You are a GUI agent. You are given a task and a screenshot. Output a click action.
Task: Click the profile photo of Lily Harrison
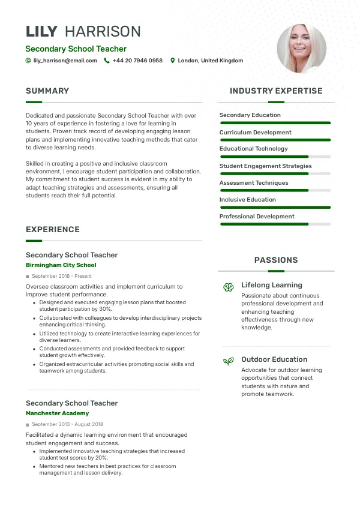point(301,49)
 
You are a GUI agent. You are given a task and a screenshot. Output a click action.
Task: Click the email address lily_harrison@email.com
point(65,61)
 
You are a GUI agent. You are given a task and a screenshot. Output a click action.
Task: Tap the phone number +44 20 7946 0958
point(137,61)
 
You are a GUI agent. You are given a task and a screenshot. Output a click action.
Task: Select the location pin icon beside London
point(173,61)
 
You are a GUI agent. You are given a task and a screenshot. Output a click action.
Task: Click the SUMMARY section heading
point(47,91)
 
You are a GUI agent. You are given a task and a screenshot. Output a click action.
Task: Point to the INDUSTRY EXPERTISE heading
point(276,91)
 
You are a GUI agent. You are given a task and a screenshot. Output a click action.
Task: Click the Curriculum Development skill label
point(255,133)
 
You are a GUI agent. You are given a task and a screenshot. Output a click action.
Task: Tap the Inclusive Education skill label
point(247,200)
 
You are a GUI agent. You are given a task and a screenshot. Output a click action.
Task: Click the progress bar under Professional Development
point(275,224)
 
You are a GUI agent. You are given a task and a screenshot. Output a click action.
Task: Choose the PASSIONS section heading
point(276,260)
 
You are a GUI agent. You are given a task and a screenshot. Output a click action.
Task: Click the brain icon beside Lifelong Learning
point(228,287)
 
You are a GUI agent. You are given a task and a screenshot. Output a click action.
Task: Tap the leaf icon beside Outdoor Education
point(228,361)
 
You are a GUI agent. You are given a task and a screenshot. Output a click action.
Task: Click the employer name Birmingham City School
point(61,265)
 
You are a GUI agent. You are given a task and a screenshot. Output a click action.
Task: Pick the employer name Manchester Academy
point(57,413)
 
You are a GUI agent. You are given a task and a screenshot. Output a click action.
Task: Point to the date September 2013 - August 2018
point(67,424)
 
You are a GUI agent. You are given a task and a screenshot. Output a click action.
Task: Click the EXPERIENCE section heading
point(53,230)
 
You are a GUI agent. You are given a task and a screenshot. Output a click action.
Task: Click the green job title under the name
point(76,49)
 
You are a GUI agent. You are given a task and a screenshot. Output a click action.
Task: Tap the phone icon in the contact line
point(107,61)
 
